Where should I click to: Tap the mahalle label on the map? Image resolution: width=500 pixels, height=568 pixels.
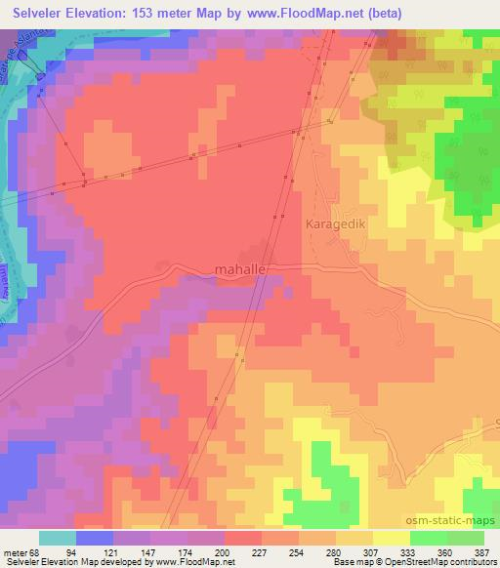tap(240, 270)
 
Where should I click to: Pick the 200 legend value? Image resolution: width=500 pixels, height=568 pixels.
tap(227, 553)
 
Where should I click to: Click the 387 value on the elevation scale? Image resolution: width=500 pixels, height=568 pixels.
tap(482, 553)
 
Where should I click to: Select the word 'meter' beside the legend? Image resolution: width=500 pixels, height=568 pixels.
tap(16, 553)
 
